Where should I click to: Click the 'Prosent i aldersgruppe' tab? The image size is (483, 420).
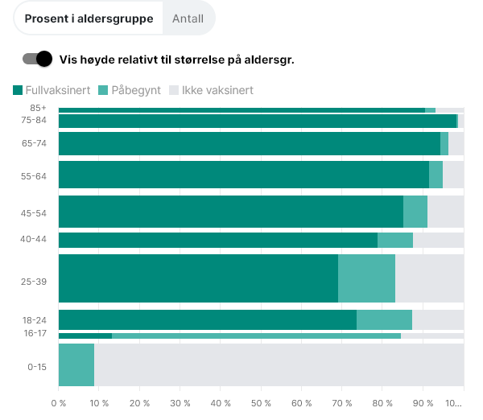[x=89, y=19]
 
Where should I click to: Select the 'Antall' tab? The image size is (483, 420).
[x=188, y=19]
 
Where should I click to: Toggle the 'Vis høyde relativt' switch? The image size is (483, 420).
[x=38, y=59]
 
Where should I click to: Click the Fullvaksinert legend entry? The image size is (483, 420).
[x=52, y=90]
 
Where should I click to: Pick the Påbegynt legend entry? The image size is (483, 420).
[x=129, y=90]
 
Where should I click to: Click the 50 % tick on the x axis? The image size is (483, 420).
[x=261, y=402]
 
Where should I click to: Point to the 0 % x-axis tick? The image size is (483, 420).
[x=59, y=402]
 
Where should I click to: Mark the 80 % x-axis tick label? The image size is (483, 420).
[x=382, y=402]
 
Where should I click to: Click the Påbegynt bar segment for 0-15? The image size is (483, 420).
[x=76, y=364]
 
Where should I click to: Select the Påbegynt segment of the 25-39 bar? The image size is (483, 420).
[x=366, y=278]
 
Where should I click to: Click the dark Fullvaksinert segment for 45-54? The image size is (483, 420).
[x=231, y=212]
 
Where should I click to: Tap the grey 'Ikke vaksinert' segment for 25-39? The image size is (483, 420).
[x=429, y=278]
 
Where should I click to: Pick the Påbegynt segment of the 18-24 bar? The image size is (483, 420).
[x=384, y=319]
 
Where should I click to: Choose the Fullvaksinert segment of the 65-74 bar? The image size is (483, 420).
[x=250, y=143]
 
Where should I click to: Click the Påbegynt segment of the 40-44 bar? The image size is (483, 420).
[x=394, y=240]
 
